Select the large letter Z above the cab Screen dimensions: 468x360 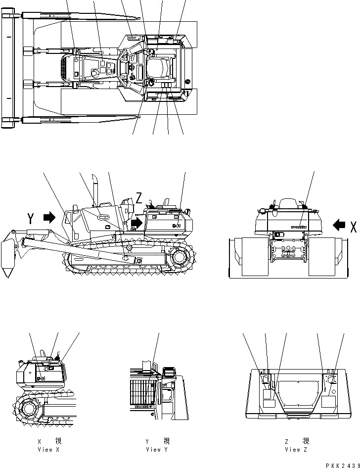point(139,199)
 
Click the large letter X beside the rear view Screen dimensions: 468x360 point(353,227)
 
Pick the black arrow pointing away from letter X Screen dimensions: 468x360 point(339,226)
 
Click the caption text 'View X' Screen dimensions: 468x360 point(48,450)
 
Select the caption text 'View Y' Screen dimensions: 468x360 point(157,450)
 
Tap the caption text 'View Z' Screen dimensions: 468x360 point(296,450)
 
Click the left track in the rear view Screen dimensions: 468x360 point(248,256)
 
